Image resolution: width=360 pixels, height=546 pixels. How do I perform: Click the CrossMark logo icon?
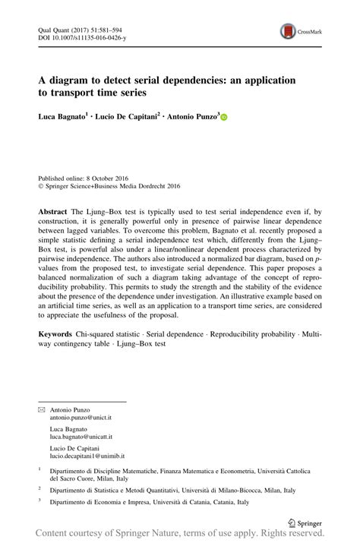[289, 31]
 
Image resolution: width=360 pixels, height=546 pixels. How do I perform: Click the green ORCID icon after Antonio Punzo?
[224, 118]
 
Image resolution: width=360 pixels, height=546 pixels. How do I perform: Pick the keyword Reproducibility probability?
[252, 334]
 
